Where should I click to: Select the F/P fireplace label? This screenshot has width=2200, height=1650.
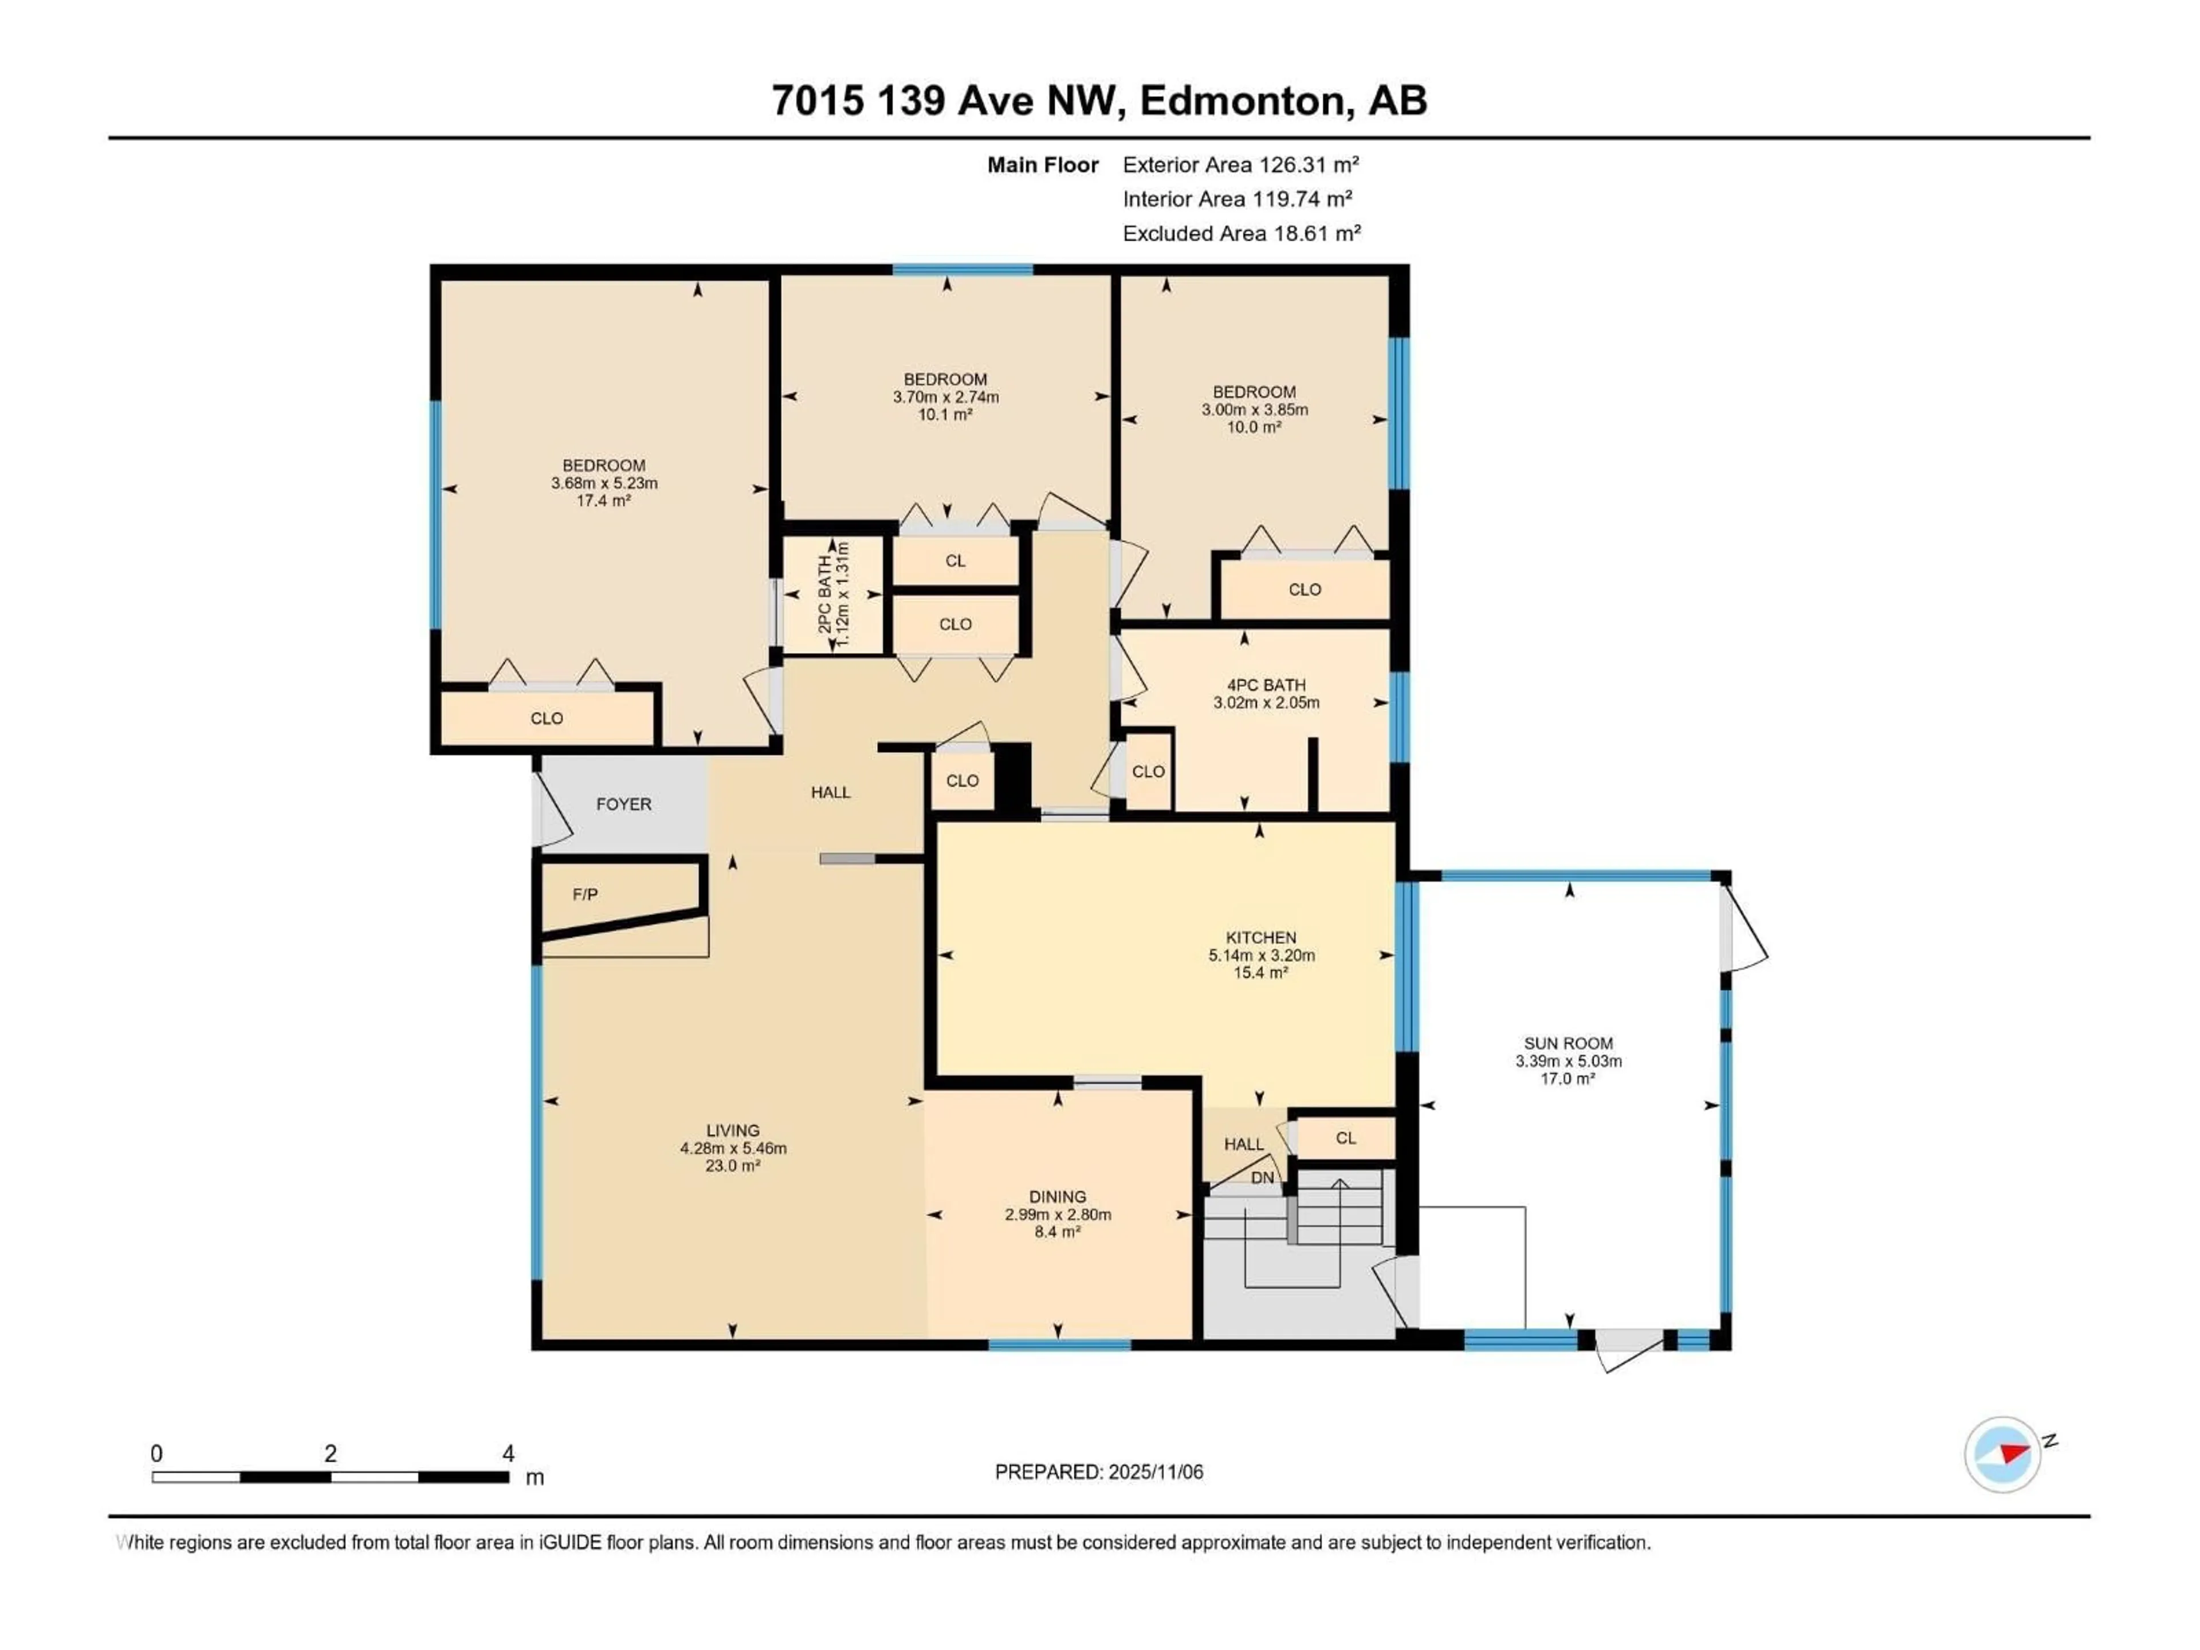click(585, 894)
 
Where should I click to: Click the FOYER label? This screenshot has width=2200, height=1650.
click(623, 804)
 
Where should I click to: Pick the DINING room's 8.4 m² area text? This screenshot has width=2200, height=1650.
click(1057, 1231)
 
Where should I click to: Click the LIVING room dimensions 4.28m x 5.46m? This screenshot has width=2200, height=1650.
click(733, 1148)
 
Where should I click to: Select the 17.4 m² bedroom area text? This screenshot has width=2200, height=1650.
click(604, 500)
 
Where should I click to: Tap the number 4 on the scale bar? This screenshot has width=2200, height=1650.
click(508, 1453)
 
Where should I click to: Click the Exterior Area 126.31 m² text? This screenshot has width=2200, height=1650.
click(1240, 164)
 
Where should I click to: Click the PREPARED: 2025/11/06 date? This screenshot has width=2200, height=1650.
click(1098, 1471)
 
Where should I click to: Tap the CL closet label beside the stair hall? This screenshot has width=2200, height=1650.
click(1346, 1138)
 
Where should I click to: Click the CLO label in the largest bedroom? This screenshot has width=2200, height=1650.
click(546, 718)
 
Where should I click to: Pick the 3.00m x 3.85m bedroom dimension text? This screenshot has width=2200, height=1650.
click(1254, 408)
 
